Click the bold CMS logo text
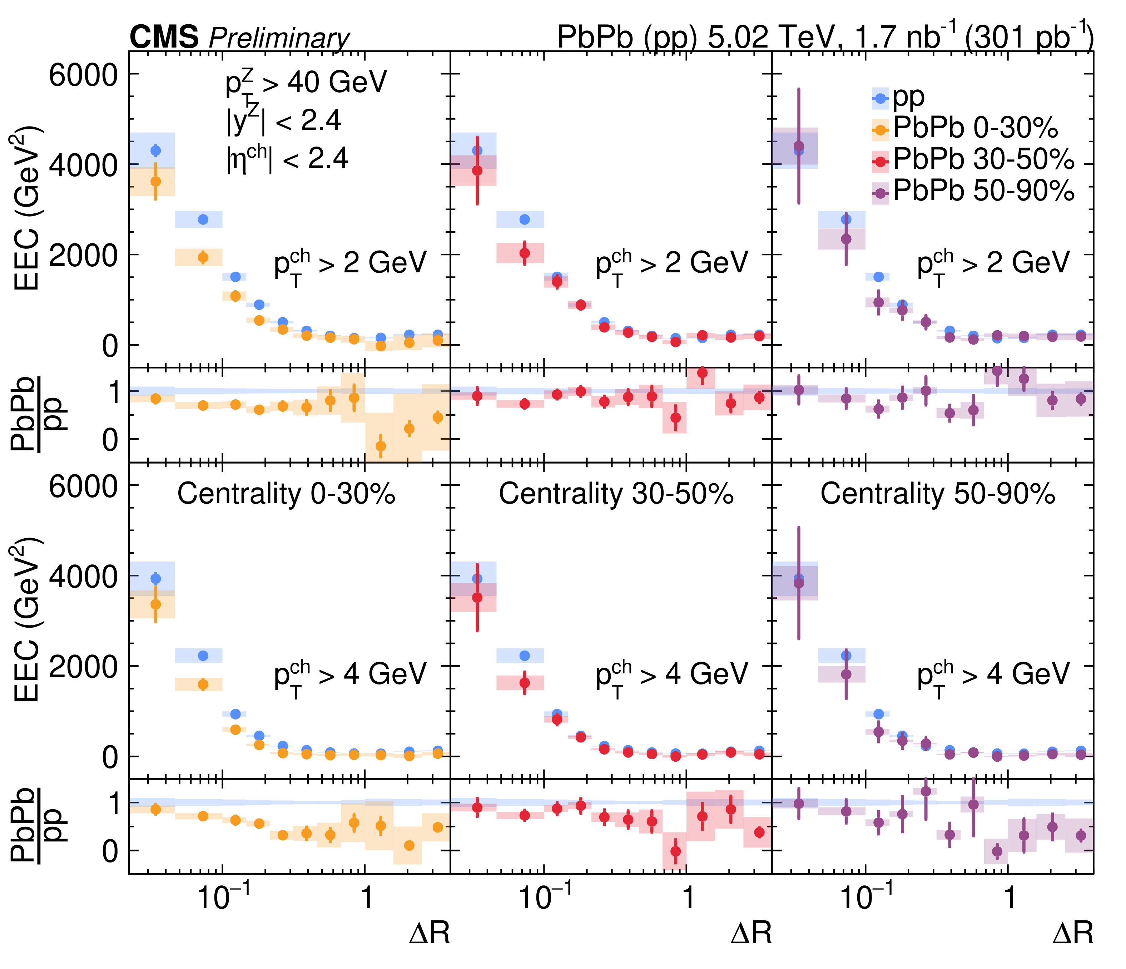164,38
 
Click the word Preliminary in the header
279,39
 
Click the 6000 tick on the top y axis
83,75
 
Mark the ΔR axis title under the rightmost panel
1073,933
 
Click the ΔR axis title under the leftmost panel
429,933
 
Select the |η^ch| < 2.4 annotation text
287,159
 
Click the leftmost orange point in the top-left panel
155,181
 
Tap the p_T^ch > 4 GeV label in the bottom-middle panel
672,676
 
